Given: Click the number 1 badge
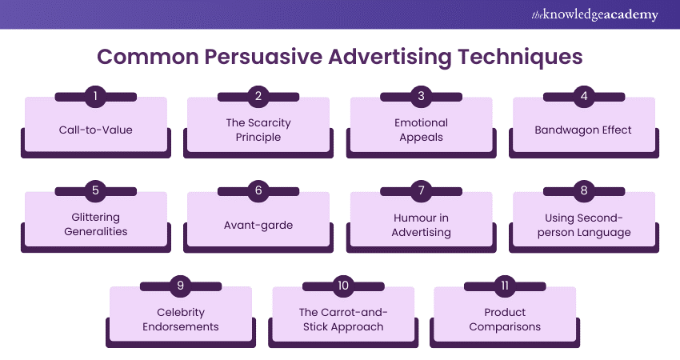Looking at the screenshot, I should [x=95, y=97].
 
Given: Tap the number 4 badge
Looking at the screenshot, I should [x=583, y=97].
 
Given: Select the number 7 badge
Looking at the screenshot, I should [x=421, y=191].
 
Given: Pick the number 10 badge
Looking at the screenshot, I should [x=343, y=286].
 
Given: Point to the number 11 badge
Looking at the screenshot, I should [x=506, y=286].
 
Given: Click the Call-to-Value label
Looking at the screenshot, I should [x=95, y=129].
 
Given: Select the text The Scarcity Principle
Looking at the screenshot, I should [x=258, y=130].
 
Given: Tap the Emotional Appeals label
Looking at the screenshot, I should [x=421, y=130].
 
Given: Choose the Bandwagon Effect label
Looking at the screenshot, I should [x=583, y=129].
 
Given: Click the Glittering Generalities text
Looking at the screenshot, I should [x=95, y=224].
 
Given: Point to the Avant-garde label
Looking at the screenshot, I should [x=258, y=225].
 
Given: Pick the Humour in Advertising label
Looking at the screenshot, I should [x=421, y=224].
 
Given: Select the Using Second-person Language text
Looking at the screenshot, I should [x=583, y=224].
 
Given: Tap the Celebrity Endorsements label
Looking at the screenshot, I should [x=181, y=318].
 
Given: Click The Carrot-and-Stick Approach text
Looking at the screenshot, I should [x=343, y=318].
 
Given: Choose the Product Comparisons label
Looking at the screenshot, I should [x=506, y=318].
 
